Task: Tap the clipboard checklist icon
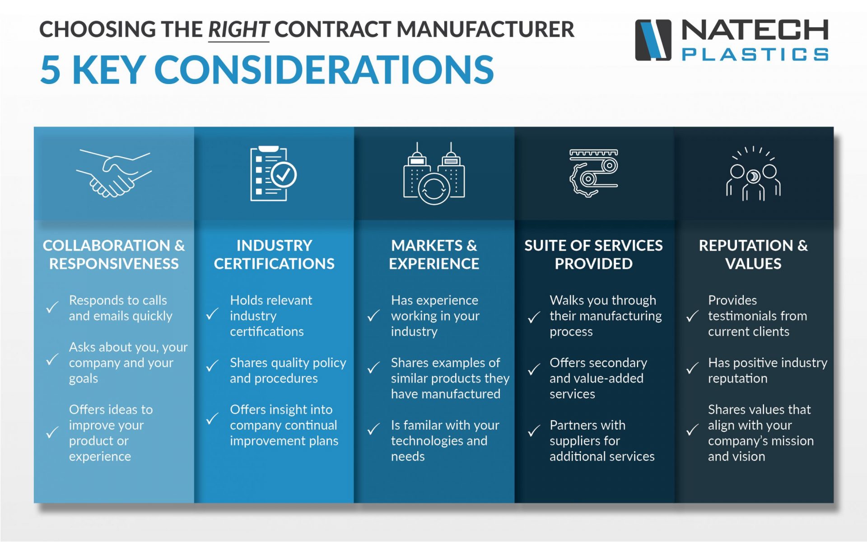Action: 273,174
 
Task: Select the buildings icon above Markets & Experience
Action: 434,174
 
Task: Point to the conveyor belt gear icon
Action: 593,173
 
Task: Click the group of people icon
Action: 753,174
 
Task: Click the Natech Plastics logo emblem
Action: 653,40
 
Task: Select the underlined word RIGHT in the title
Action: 238,30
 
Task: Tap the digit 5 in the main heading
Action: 50,70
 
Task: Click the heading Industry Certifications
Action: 274,254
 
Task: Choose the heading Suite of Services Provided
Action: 593,254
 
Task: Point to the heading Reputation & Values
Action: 753,254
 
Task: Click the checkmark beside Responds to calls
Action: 52,307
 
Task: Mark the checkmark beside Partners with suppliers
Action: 534,430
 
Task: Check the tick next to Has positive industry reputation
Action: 692,368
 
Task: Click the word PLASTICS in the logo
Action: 755,55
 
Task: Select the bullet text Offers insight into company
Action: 283,417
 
